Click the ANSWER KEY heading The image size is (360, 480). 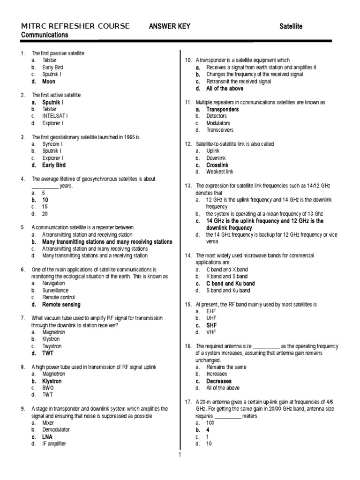[x=169, y=26]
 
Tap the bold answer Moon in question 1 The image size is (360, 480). [x=49, y=82]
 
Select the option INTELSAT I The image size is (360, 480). [x=55, y=116]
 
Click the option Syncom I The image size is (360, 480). [x=52, y=144]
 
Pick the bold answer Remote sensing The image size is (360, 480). [x=61, y=305]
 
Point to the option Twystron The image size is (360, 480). [x=52, y=346]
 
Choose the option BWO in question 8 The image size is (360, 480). [x=48, y=389]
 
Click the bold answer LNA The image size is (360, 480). [x=47, y=437]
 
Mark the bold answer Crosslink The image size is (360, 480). [x=217, y=165]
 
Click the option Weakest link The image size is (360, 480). [x=219, y=172]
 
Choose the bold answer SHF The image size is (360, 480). [x=211, y=325]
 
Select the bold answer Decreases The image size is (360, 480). [x=218, y=381]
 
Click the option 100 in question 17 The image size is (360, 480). [x=210, y=423]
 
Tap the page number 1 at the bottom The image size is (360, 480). [x=179, y=454]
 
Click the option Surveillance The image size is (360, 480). [x=55, y=291]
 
